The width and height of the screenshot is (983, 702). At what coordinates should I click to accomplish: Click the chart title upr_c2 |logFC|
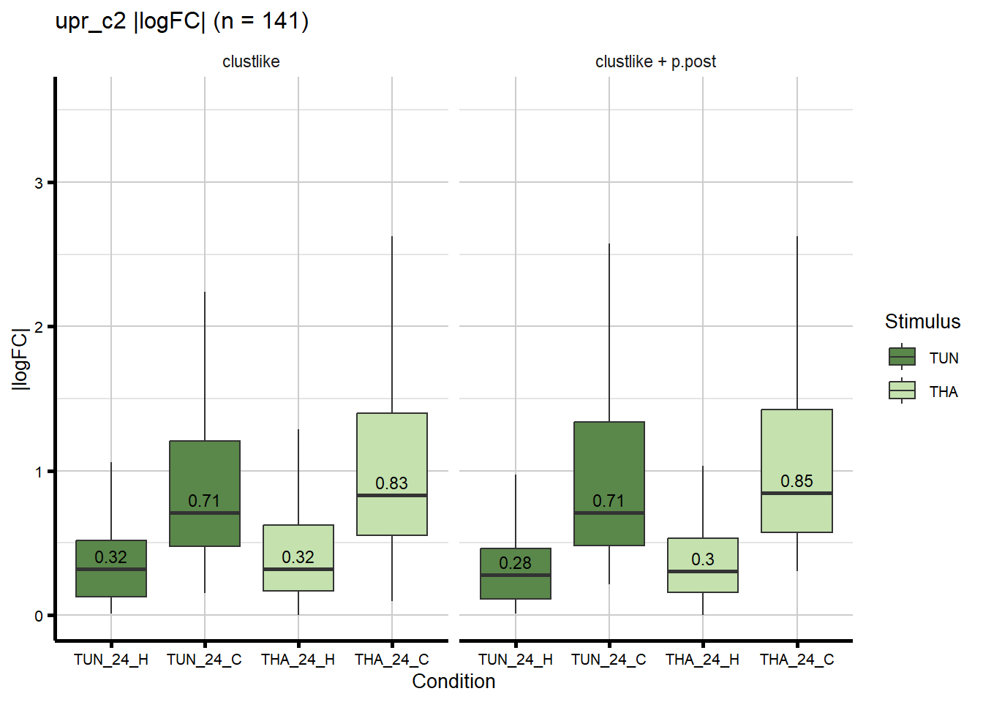[x=181, y=21]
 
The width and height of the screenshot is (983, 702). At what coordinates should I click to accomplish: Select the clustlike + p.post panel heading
[x=655, y=62]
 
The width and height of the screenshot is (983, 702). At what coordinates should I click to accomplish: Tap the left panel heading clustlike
[x=251, y=62]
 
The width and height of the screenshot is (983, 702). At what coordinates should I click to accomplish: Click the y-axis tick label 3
[x=39, y=183]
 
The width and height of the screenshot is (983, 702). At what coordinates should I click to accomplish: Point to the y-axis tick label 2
[x=39, y=327]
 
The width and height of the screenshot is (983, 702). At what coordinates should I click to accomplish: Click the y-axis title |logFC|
[x=20, y=359]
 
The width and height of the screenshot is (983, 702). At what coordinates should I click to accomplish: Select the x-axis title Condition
[x=453, y=682]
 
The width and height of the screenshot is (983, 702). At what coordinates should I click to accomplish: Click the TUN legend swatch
[x=902, y=357]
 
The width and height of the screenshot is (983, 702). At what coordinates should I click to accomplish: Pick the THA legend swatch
[x=902, y=390]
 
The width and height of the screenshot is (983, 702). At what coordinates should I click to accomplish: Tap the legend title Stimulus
[x=922, y=322]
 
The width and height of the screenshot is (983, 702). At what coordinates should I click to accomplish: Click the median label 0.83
[x=391, y=483]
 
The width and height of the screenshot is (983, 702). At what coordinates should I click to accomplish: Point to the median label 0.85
[x=796, y=481]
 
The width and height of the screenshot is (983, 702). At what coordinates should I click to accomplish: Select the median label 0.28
[x=515, y=563]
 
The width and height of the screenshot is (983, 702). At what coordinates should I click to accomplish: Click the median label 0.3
[x=703, y=559]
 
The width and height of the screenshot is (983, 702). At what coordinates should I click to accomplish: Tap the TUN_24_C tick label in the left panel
[x=204, y=660]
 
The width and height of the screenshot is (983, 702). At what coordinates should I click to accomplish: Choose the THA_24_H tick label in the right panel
[x=702, y=660]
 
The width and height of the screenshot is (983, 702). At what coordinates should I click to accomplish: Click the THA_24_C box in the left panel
[x=392, y=453]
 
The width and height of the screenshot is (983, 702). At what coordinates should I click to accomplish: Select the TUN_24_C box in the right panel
[x=609, y=461]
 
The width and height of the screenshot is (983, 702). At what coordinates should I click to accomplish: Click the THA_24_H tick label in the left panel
[x=298, y=660]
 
